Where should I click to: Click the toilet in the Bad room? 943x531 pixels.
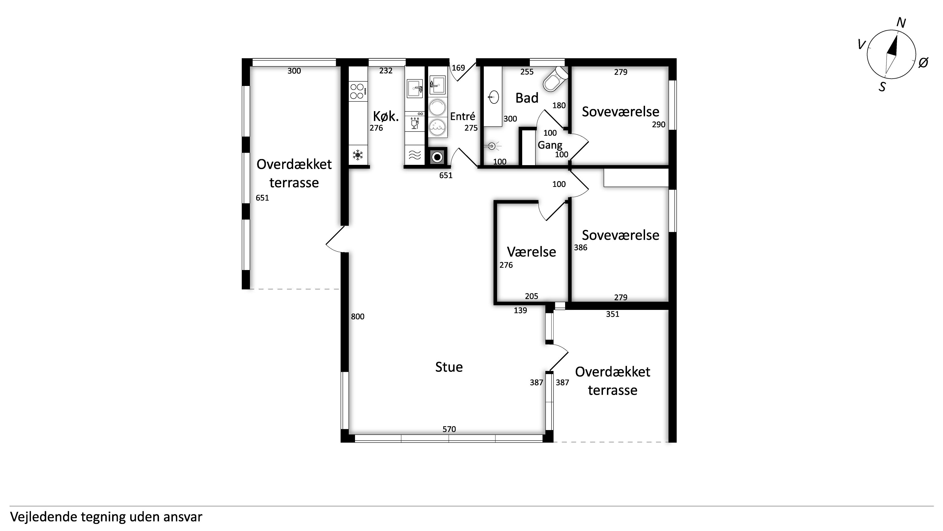(x=555, y=79)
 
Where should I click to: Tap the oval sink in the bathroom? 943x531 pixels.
(x=493, y=98)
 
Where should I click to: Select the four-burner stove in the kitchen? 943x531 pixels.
(x=357, y=92)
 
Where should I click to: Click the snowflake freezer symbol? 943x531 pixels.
(x=358, y=155)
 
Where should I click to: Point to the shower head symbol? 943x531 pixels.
(x=492, y=146)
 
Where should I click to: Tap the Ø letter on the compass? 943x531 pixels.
(x=923, y=63)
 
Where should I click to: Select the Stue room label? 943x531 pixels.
(x=449, y=367)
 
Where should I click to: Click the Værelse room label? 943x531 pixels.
(x=531, y=252)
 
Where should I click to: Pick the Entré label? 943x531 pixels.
(x=462, y=116)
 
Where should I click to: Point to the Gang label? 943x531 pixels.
(x=550, y=145)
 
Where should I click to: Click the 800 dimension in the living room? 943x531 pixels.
(x=358, y=317)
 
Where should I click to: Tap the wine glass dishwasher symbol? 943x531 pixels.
(x=415, y=124)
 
